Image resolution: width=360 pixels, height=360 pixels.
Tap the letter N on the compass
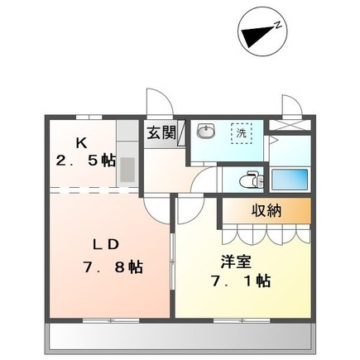point(278,25)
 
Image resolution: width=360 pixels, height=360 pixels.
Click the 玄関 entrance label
point(161,132)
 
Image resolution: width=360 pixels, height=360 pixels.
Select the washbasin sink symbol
point(206,130)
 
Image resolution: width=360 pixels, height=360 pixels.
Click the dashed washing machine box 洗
point(242,133)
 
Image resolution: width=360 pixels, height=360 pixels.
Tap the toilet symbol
point(252,180)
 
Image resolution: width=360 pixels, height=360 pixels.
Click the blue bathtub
point(290,180)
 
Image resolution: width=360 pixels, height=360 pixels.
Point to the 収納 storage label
point(266,211)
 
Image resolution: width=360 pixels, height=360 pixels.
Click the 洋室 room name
point(236,262)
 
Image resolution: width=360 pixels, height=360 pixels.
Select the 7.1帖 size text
point(241,281)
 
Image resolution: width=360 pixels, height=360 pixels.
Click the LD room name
point(106,244)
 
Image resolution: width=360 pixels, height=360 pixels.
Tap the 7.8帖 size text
point(113,266)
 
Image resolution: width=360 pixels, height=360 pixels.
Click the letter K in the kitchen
point(81,142)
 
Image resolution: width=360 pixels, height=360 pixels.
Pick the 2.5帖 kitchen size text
point(86,161)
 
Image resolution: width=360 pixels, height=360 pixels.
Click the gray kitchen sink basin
point(127,169)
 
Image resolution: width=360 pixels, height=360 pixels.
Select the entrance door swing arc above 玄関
point(160,101)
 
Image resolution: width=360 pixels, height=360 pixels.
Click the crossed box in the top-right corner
point(290,125)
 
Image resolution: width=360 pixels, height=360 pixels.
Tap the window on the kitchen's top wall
point(89,117)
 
